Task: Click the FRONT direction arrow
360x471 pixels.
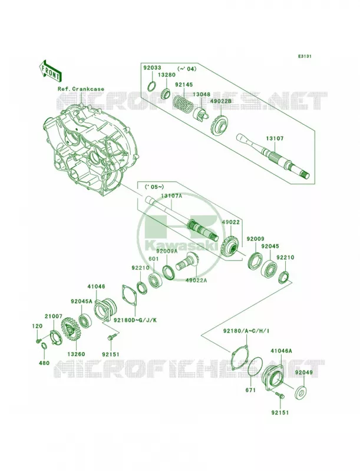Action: (50, 71)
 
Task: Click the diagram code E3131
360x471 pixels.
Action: (305, 56)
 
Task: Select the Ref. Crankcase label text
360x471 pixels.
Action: (81, 89)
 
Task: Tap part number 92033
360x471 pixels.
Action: (152, 68)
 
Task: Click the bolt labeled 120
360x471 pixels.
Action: (38, 341)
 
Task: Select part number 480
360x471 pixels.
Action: (44, 363)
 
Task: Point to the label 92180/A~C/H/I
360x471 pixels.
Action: (246, 331)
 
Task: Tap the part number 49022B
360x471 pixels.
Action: (220, 101)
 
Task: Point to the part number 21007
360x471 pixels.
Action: (54, 316)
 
